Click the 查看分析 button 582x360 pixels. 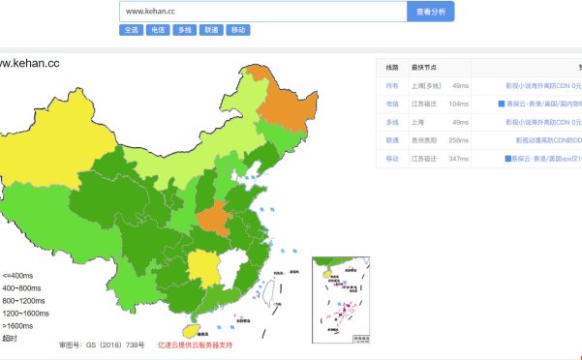pos(430,12)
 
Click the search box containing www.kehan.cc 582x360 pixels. pos(261,12)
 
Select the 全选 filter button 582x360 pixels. pos(131,30)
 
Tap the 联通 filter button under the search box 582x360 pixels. pos(211,30)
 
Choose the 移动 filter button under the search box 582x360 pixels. pos(238,30)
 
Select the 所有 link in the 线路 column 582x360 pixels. pos(392,85)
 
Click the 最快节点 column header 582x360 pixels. pos(423,67)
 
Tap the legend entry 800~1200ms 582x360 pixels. pos(25,300)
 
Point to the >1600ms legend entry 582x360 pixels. pos(18,325)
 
